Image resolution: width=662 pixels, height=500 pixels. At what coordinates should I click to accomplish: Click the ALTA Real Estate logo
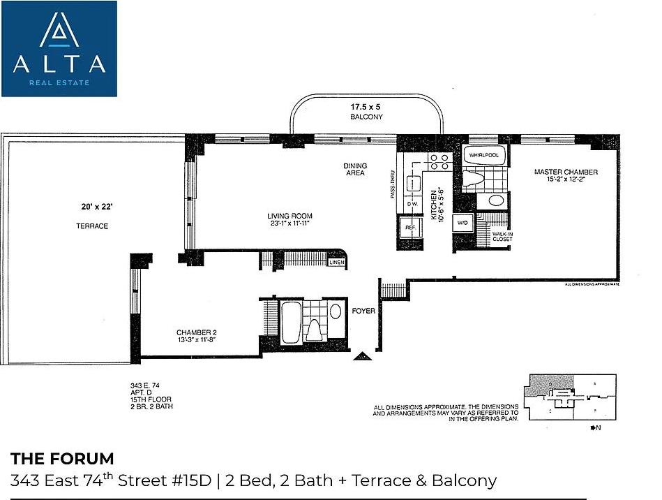59,48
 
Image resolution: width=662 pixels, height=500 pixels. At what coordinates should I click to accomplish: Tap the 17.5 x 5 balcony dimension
367,108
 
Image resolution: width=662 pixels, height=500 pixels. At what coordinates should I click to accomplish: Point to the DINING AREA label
354,170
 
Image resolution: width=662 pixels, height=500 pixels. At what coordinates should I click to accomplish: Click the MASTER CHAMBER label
565,172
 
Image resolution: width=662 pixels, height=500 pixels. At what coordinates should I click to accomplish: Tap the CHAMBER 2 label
195,332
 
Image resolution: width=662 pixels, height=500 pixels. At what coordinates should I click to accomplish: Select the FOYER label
363,311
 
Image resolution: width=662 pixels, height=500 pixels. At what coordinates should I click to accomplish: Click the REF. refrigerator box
409,228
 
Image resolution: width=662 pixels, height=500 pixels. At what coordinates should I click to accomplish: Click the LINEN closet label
336,263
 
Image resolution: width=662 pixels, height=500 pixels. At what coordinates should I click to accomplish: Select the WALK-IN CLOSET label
502,237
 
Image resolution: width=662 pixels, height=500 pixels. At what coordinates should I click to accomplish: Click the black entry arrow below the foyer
362,357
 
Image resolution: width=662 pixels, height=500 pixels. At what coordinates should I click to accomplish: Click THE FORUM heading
62,459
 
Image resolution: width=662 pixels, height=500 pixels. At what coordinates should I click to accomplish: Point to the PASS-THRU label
393,186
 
